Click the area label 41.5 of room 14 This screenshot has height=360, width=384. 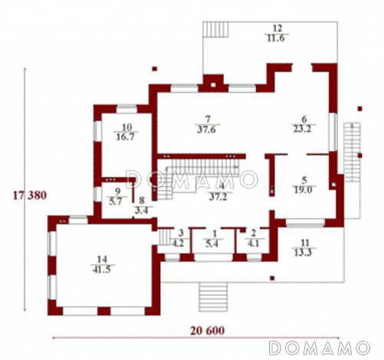(102, 270)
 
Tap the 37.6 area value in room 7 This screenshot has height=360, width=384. (207, 129)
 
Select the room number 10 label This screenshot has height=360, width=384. (126, 127)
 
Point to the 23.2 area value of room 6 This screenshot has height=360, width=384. (302, 129)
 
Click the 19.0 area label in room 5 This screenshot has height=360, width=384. (303, 190)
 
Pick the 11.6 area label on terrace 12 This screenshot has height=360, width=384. (276, 38)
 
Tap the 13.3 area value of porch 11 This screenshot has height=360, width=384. (304, 253)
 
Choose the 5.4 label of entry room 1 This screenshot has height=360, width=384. (212, 244)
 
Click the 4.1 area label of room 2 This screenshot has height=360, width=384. (253, 243)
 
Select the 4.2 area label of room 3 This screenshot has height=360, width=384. (178, 243)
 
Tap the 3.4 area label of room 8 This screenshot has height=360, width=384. (142, 211)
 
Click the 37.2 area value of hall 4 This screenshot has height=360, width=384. (218, 197)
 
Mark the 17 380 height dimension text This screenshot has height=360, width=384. (30, 195)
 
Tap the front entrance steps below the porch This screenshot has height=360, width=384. (213, 296)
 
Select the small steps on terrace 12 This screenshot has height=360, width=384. (215, 30)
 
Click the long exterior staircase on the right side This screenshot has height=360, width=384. (353, 152)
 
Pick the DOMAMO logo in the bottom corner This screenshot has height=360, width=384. (320, 348)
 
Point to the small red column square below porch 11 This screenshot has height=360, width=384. (272, 278)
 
